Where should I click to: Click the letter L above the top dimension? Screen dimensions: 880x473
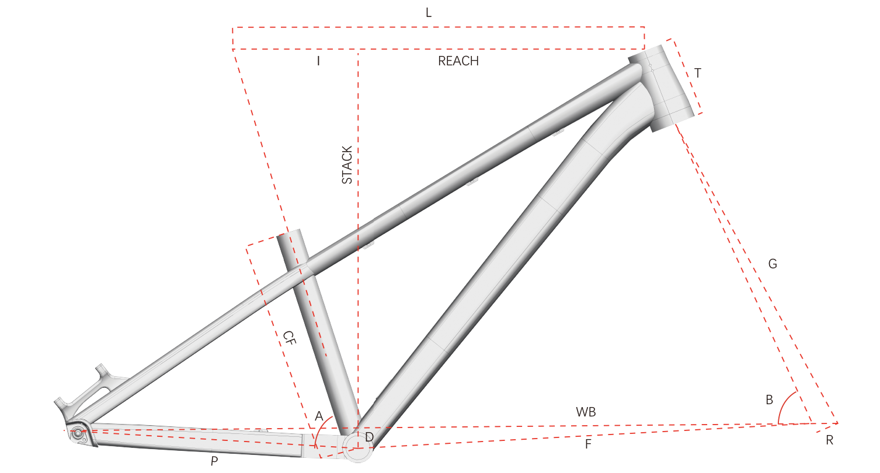click(429, 13)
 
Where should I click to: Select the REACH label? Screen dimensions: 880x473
click(458, 61)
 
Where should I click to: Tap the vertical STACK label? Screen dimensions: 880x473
click(347, 165)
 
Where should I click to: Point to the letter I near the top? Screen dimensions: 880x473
click(318, 61)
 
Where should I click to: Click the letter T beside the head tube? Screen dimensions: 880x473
click(698, 73)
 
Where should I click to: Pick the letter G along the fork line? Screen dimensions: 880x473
click(773, 264)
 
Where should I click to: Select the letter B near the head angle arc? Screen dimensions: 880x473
click(770, 400)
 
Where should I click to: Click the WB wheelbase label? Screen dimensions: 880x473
click(586, 412)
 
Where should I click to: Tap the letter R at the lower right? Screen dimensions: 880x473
click(829, 440)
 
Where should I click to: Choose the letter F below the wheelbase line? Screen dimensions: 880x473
click(588, 444)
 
